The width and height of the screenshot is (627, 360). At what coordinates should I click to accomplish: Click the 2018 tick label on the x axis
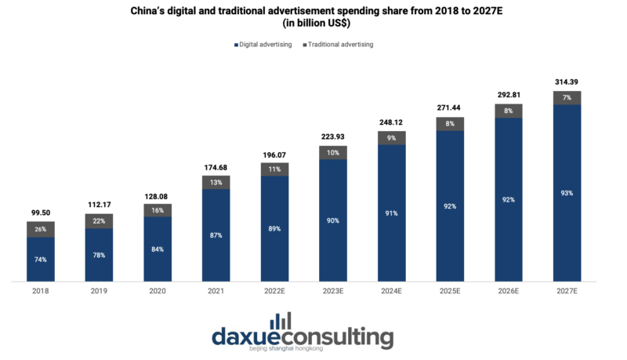(x=40, y=290)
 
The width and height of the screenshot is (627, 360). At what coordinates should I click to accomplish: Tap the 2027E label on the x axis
(x=567, y=290)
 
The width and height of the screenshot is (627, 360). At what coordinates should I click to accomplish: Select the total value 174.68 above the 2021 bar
(x=216, y=166)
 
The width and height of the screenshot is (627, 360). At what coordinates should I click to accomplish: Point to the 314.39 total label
(x=567, y=82)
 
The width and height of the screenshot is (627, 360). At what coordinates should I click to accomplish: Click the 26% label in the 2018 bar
(x=40, y=229)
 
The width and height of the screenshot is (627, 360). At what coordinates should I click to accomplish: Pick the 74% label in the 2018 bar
(x=40, y=260)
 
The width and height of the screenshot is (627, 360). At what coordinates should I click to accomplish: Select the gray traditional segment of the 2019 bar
(x=99, y=220)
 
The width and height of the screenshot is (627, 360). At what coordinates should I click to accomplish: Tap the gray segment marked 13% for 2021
(x=216, y=182)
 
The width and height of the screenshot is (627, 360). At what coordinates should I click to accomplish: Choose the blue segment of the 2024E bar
(x=391, y=212)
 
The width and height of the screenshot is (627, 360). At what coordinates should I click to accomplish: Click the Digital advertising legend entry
(x=263, y=45)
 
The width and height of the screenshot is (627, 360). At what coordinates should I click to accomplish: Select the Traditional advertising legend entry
(x=340, y=45)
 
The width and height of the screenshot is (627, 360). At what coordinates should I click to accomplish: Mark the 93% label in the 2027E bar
(x=567, y=193)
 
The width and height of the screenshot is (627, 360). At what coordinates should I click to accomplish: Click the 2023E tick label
(x=333, y=290)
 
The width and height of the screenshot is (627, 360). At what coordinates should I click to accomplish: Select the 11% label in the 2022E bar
(x=274, y=169)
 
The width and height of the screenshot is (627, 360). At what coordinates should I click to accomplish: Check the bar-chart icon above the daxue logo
(x=280, y=321)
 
